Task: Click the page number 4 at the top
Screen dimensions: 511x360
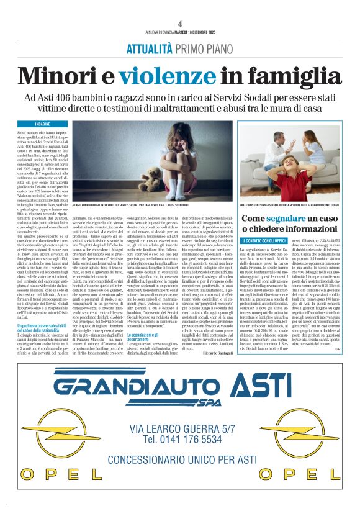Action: pyautogui.click(x=179, y=23)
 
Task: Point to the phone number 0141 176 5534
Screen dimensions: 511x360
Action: pyautogui.click(x=179, y=440)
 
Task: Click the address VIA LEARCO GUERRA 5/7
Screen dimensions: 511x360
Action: pyautogui.click(x=179, y=427)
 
